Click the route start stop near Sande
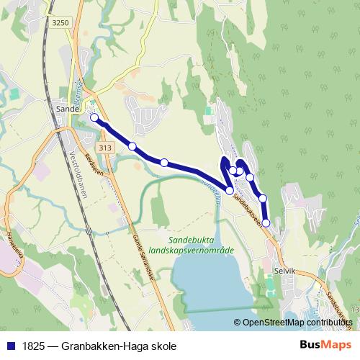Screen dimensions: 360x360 pos(94,117)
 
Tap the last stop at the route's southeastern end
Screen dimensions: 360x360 pos(266,223)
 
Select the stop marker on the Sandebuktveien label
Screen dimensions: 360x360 pos(230,191)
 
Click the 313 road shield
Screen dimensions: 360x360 pos(107,148)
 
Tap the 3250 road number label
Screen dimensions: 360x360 pos(60,23)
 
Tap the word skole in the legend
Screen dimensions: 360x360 pos(163,346)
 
